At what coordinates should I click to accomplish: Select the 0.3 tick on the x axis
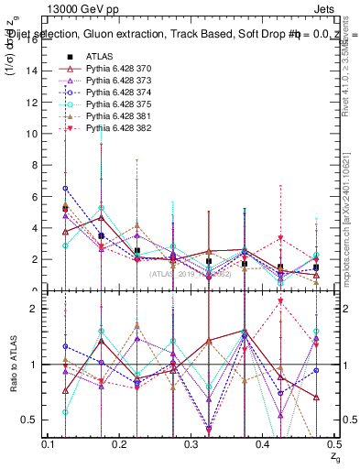point(191,443)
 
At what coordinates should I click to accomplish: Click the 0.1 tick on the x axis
point(48,443)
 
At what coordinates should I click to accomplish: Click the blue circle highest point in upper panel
point(65,188)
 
